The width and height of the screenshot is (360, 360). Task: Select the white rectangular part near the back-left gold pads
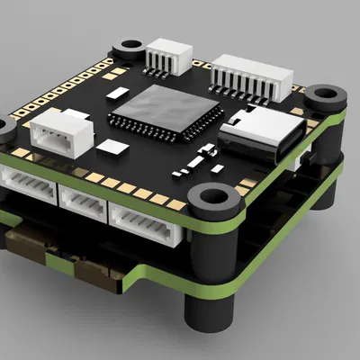click(x=114, y=91)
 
